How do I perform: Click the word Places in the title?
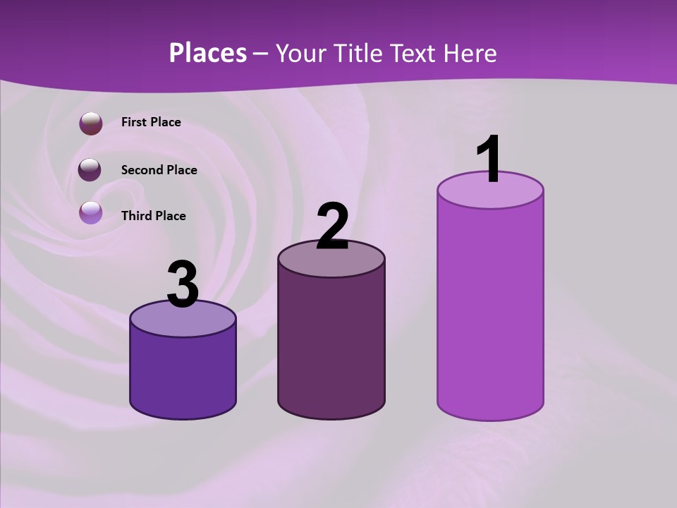pyautogui.click(x=208, y=53)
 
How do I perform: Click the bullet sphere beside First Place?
pyautogui.click(x=91, y=123)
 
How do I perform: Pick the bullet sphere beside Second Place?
pyautogui.click(x=90, y=169)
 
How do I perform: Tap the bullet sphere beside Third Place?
pyautogui.click(x=91, y=212)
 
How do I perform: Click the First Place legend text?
pyautogui.click(x=151, y=122)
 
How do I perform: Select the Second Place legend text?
pyautogui.click(x=159, y=170)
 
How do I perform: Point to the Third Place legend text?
pyautogui.click(x=154, y=216)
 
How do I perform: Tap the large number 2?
pyautogui.click(x=332, y=226)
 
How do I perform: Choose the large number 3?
pyautogui.click(x=183, y=285)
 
